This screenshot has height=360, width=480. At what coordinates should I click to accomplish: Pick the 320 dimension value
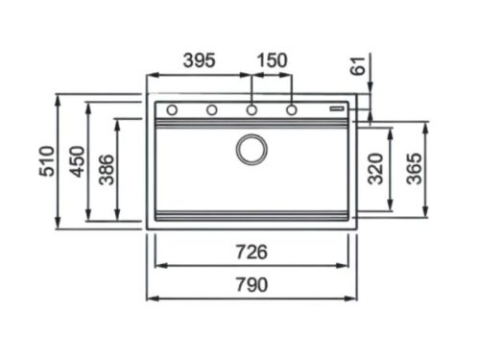(375, 169)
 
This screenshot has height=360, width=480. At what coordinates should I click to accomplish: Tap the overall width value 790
(251, 285)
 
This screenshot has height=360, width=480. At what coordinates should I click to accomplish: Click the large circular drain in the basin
(252, 148)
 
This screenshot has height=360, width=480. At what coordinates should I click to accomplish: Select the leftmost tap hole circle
(172, 110)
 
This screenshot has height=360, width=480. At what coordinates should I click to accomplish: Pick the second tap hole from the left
(211, 110)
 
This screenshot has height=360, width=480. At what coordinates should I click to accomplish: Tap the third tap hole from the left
(252, 110)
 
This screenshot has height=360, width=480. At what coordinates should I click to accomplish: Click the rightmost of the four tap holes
(291, 110)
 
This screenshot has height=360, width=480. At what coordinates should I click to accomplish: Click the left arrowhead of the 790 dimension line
(150, 297)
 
